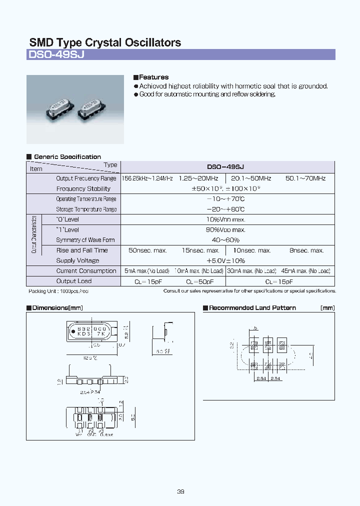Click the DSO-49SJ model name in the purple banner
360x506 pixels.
pos(56,55)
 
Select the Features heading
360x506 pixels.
pos(153,77)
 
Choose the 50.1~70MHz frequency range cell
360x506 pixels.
pos(305,178)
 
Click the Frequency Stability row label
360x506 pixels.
pos(83,189)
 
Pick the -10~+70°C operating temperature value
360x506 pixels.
pos(225,199)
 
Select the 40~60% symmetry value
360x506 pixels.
pos(225,240)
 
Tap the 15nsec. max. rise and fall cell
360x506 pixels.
pos(200,250)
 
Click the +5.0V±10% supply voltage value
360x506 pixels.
pos(225,260)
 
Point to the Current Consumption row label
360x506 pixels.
pos(86,271)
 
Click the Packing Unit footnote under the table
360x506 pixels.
pos(58,291)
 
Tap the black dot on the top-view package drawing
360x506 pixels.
pos(74,330)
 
